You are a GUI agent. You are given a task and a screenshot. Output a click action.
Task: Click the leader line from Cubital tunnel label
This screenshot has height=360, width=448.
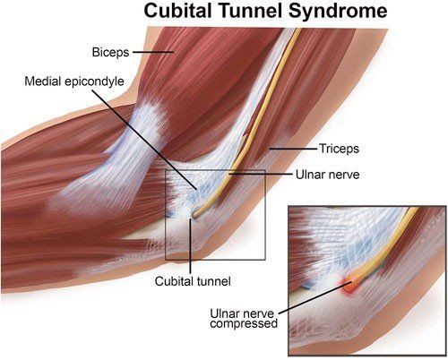click(x=192, y=246)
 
